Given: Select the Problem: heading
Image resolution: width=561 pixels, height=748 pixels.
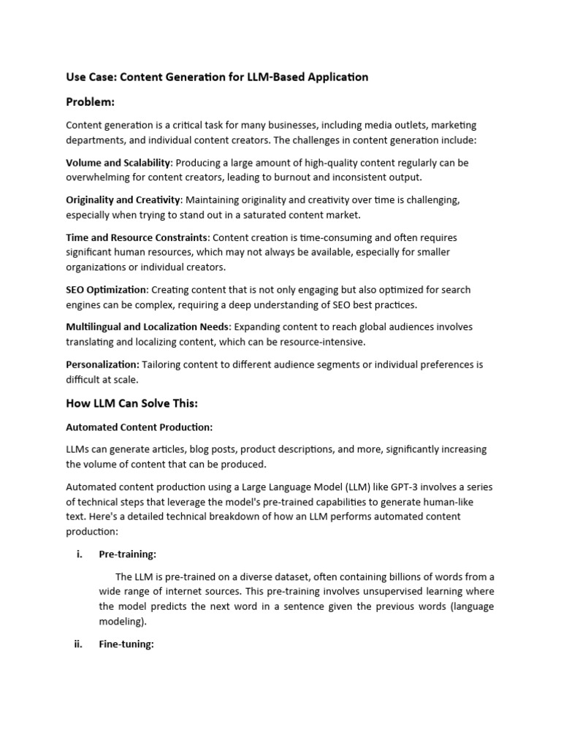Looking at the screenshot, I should click(x=91, y=102).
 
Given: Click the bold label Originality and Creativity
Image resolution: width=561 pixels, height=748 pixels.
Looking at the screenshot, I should click(x=123, y=200).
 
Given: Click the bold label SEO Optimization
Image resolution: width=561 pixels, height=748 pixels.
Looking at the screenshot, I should click(x=106, y=290).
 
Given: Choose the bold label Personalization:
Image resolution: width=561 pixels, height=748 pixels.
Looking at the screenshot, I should click(x=102, y=365).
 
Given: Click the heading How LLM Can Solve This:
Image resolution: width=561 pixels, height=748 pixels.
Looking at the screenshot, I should click(x=131, y=402).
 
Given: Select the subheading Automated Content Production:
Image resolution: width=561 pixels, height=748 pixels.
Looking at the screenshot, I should click(x=139, y=427).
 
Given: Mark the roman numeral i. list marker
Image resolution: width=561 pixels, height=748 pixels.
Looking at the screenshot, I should click(x=79, y=554).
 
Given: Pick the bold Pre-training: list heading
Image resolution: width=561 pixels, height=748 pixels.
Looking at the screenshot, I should click(x=127, y=554).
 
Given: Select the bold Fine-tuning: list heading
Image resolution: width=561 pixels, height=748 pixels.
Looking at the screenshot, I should click(x=126, y=645).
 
